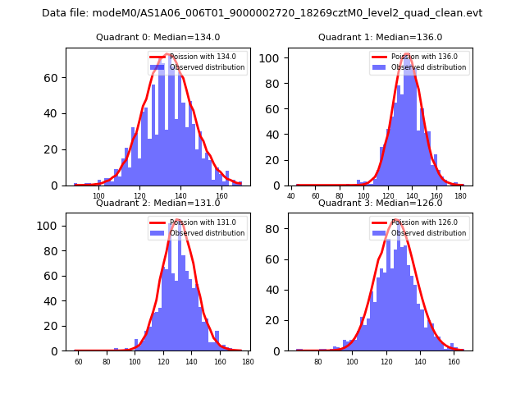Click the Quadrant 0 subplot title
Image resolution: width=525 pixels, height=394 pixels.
(157, 37)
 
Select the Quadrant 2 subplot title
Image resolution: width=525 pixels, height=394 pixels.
(157, 203)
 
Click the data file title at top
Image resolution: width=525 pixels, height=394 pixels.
(262, 13)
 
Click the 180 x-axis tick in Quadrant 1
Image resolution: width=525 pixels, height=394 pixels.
(461, 196)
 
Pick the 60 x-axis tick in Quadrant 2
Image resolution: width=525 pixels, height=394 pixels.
(78, 361)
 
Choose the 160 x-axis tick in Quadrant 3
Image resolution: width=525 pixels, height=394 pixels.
(454, 361)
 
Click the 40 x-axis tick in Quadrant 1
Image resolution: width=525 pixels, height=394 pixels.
(292, 196)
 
